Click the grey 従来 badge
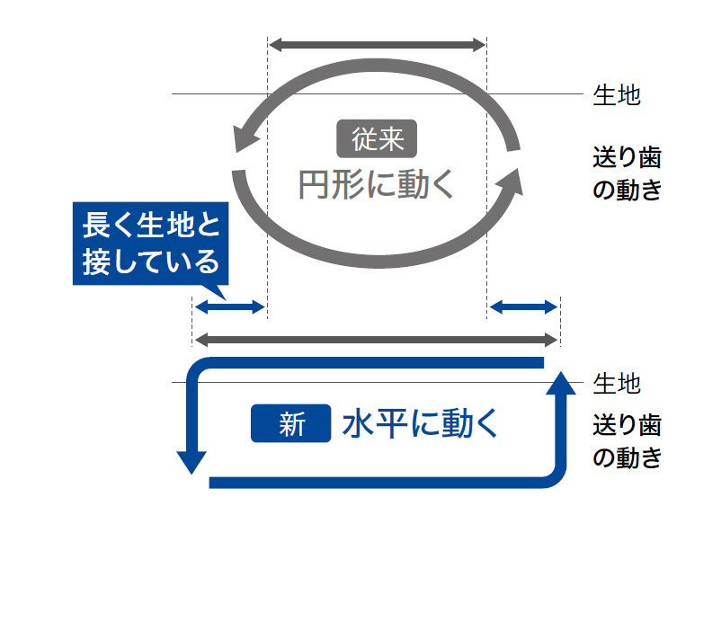pos(376,138)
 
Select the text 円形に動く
pos(377,184)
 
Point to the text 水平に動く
pos(419,424)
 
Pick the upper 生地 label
pos(617,95)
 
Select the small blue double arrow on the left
pos(230,307)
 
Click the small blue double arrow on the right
pos(522,307)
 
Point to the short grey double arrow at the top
pos(377,44)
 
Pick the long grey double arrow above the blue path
pos(377,340)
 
